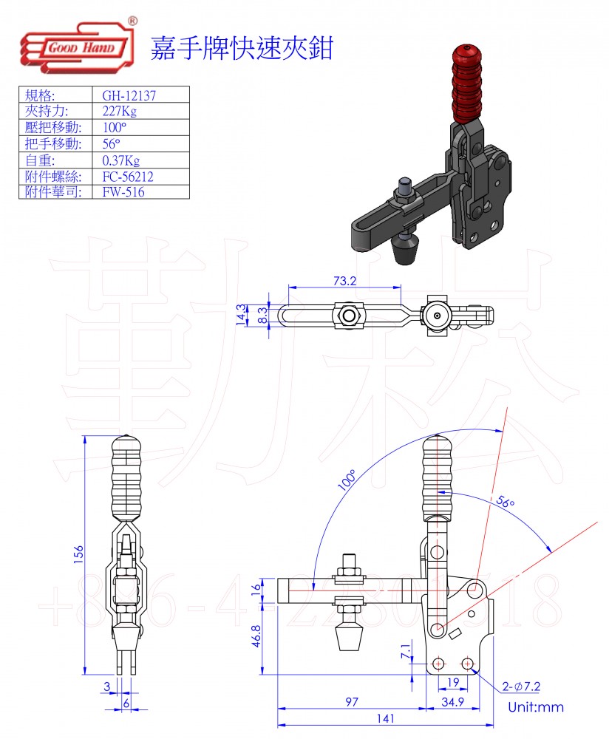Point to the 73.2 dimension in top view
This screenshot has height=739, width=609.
coord(344,281)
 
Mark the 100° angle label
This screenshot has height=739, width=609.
coord(347,480)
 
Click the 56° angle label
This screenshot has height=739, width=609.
coord(505,503)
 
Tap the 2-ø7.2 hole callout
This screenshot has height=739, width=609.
coord(523,687)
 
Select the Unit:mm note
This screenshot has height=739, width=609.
coord(535,707)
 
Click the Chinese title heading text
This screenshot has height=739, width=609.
coord(242,48)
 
